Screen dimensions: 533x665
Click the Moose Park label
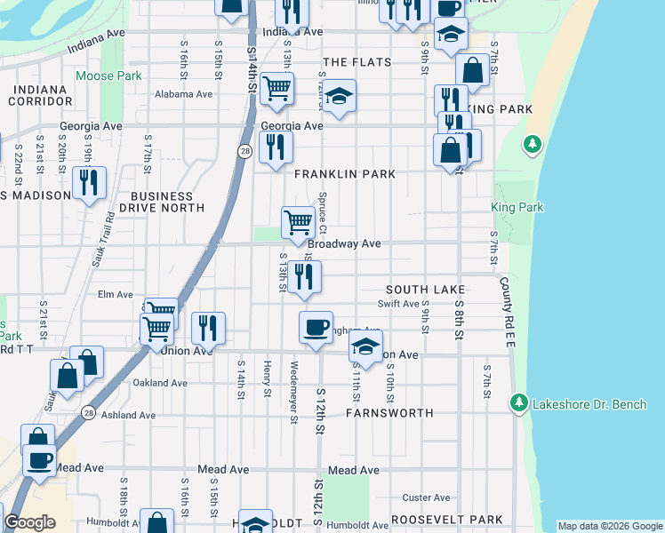108,76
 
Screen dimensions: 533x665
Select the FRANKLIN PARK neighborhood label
344,175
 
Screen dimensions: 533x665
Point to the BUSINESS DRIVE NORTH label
161,202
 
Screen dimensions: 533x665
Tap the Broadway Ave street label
344,243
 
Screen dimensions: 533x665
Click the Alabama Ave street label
184,94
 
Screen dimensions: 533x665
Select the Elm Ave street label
115,294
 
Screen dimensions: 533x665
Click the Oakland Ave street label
160,383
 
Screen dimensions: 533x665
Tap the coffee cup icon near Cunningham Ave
316,327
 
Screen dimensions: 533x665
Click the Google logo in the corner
29,522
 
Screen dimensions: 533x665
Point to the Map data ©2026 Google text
609,526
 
